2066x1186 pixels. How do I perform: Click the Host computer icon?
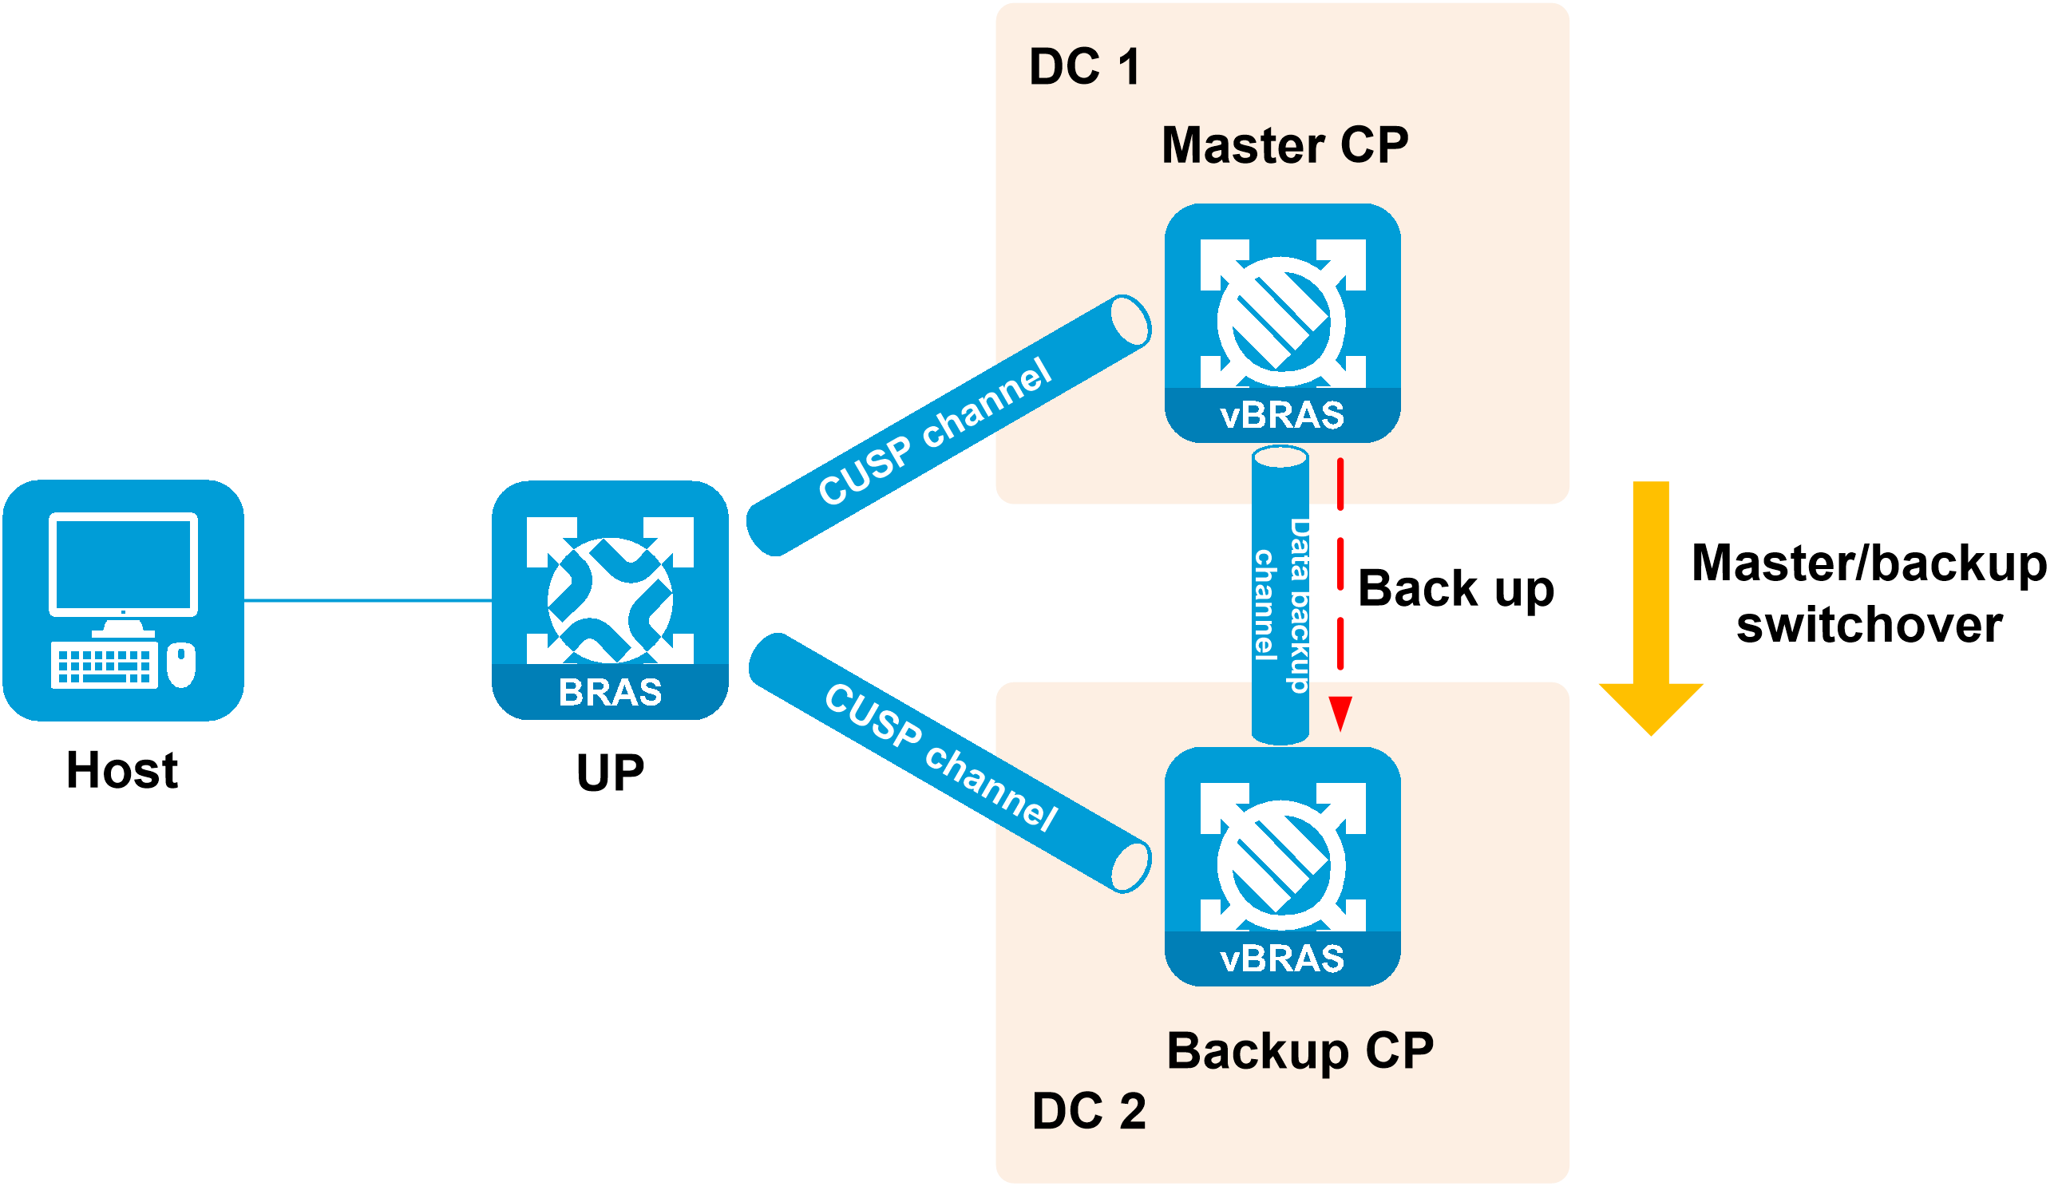(123, 600)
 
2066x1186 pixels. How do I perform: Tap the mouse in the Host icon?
(181, 665)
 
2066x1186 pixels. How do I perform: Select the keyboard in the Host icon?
(104, 666)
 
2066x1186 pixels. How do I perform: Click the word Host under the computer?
(122, 769)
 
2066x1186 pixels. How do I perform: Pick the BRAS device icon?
(610, 600)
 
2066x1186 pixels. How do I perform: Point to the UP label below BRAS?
(610, 773)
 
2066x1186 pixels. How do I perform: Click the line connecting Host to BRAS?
(368, 600)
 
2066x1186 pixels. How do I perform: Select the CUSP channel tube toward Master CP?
(948, 426)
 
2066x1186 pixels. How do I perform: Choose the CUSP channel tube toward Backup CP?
(950, 763)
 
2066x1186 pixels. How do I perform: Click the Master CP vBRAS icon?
(1283, 323)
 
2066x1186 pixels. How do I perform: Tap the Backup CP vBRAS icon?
(1283, 867)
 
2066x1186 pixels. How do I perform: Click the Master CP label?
(1284, 145)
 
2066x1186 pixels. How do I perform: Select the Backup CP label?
(1300, 1052)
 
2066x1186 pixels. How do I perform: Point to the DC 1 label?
(1084, 67)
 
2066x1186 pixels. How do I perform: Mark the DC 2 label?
(1088, 1111)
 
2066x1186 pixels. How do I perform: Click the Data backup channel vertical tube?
(1280, 595)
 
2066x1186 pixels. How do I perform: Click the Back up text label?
(1457, 590)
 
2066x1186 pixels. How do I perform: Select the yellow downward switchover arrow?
(1652, 608)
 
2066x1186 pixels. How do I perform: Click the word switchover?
(1870, 625)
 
